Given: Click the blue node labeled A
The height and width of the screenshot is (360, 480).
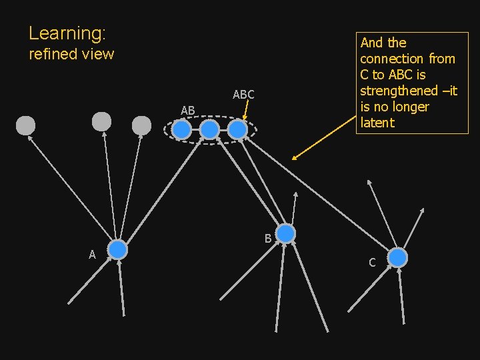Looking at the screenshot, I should (117, 249).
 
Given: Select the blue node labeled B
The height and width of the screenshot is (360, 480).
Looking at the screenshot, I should (285, 233).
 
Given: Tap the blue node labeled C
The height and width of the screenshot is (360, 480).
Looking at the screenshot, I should (397, 257).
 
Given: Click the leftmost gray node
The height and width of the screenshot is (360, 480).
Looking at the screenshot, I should (25, 125).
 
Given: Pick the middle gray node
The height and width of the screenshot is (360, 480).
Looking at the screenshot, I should (101, 121).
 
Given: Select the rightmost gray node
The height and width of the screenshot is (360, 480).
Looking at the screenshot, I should (141, 125).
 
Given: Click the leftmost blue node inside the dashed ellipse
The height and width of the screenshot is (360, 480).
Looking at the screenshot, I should (181, 129).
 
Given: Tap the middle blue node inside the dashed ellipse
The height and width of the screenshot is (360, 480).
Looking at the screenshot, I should (209, 129).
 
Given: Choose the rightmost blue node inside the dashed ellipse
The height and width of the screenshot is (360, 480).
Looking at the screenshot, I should (237, 129).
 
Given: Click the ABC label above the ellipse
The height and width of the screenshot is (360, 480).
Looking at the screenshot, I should (243, 95).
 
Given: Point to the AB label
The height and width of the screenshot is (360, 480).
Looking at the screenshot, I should (187, 110).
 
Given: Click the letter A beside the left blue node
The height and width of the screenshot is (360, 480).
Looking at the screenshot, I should (93, 254).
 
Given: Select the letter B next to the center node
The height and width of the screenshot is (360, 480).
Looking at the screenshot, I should (267, 238).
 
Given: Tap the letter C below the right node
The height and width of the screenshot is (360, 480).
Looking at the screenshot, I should (372, 263).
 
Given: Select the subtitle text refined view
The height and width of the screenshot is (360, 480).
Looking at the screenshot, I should (71, 54).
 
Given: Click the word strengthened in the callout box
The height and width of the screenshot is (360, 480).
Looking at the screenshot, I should (398, 91).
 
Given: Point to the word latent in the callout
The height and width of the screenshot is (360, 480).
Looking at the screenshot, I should (377, 123).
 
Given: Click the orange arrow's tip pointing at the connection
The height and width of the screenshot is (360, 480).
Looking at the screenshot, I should (293, 159).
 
